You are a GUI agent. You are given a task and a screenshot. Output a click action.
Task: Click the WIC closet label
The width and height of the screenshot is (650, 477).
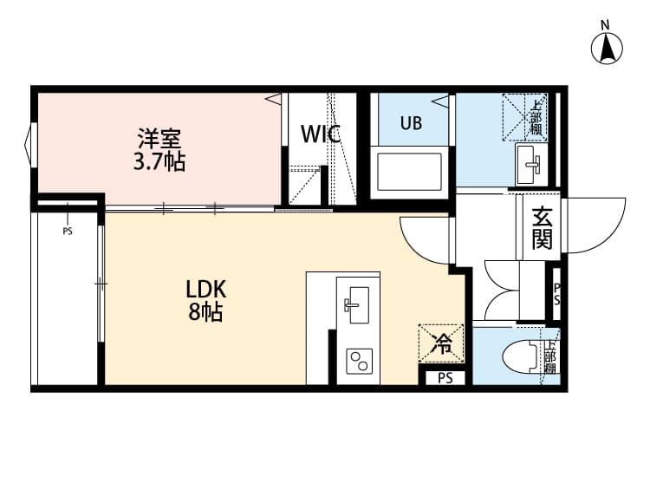[320, 134]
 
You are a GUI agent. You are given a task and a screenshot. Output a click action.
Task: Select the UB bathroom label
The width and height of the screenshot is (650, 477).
[411, 123]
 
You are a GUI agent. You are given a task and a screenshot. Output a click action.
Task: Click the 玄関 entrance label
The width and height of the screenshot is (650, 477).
[542, 228]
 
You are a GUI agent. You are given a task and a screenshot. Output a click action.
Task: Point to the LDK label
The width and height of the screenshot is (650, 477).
[206, 289]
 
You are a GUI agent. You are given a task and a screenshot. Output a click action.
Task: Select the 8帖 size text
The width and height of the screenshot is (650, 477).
[206, 312]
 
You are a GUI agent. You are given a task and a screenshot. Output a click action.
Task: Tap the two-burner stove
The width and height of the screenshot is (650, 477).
[359, 359]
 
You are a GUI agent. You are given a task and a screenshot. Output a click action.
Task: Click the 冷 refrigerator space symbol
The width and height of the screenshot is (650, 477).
[442, 344]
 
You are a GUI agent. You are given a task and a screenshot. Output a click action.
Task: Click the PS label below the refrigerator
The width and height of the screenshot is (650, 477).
[445, 378]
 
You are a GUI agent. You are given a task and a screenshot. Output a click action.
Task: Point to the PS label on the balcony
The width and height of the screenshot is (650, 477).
[68, 232]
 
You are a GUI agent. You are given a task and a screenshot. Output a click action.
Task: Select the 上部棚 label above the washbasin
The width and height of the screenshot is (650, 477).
[536, 117]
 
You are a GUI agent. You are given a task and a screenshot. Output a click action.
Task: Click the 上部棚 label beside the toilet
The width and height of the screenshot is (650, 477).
[549, 356]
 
